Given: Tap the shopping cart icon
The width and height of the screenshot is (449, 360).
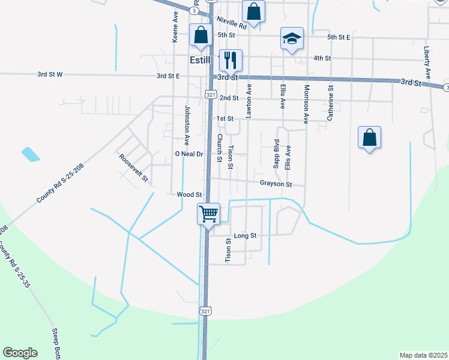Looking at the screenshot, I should pyautogui.click(x=208, y=214).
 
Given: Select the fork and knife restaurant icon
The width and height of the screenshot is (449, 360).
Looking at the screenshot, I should pyautogui.click(x=231, y=59).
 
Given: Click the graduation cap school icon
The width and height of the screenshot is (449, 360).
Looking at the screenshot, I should pyautogui.click(x=292, y=40).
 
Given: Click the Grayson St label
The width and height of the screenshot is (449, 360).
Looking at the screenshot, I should pyautogui.click(x=276, y=184).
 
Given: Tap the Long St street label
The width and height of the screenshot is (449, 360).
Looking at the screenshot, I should pyautogui.click(x=245, y=236).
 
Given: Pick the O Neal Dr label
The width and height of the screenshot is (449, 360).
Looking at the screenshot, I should pyautogui.click(x=190, y=154).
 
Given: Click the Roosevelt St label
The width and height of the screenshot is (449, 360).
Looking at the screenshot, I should pyautogui.click(x=133, y=168).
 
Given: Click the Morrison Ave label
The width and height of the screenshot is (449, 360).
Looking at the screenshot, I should pyautogui.click(x=306, y=104).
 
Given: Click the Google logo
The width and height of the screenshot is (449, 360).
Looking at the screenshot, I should pyautogui.click(x=20, y=353).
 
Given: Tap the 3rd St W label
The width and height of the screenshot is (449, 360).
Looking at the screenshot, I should pyautogui.click(x=50, y=75).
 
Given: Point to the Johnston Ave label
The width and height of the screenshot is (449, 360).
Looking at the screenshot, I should pyautogui.click(x=187, y=125).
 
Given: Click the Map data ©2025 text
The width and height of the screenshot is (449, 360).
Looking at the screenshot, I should pyautogui.click(x=423, y=355).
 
